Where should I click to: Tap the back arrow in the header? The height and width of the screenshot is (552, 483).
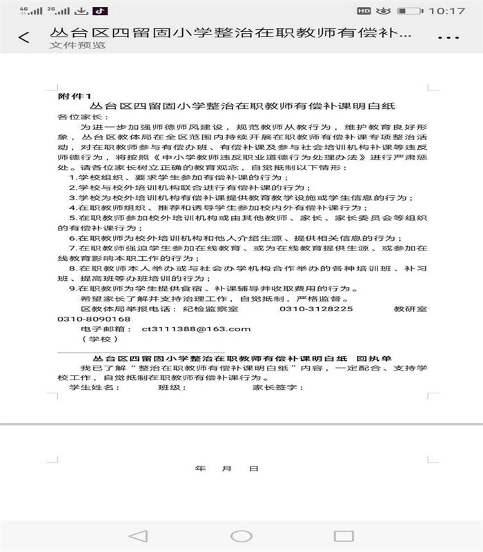[x=24, y=37]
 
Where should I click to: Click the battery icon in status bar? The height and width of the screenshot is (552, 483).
[x=412, y=11]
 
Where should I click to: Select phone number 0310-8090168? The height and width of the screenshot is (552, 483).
[x=95, y=319]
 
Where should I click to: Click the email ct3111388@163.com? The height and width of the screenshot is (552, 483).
[x=195, y=329]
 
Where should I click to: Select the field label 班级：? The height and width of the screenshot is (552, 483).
[x=174, y=388]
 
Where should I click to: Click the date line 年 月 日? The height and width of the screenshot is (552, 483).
[x=226, y=469]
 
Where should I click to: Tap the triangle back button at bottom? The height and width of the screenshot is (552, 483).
[x=138, y=535]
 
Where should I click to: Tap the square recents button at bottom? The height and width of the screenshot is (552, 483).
[x=343, y=535]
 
